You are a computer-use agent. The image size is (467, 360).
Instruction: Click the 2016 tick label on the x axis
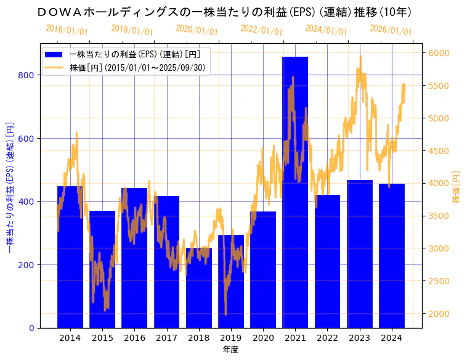coord(134,338)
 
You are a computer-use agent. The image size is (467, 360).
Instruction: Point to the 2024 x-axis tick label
coord(392,338)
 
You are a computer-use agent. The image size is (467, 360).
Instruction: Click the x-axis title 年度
coord(230,350)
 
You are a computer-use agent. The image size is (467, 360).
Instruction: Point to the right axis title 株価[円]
coord(457,187)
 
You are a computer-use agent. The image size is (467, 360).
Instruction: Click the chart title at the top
coord(224,12)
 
